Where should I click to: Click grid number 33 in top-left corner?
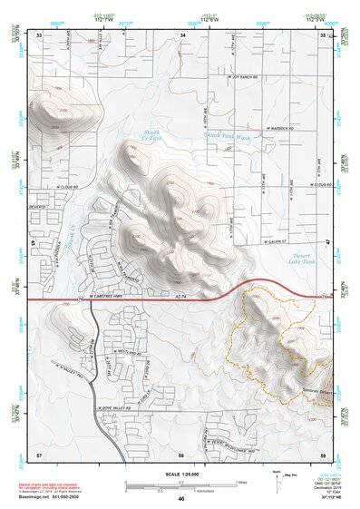(x=40, y=34)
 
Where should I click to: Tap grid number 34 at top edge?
(x=182, y=34)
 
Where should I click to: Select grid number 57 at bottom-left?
(x=39, y=451)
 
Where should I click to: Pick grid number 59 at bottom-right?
(x=323, y=451)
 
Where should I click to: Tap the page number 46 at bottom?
(x=181, y=499)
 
